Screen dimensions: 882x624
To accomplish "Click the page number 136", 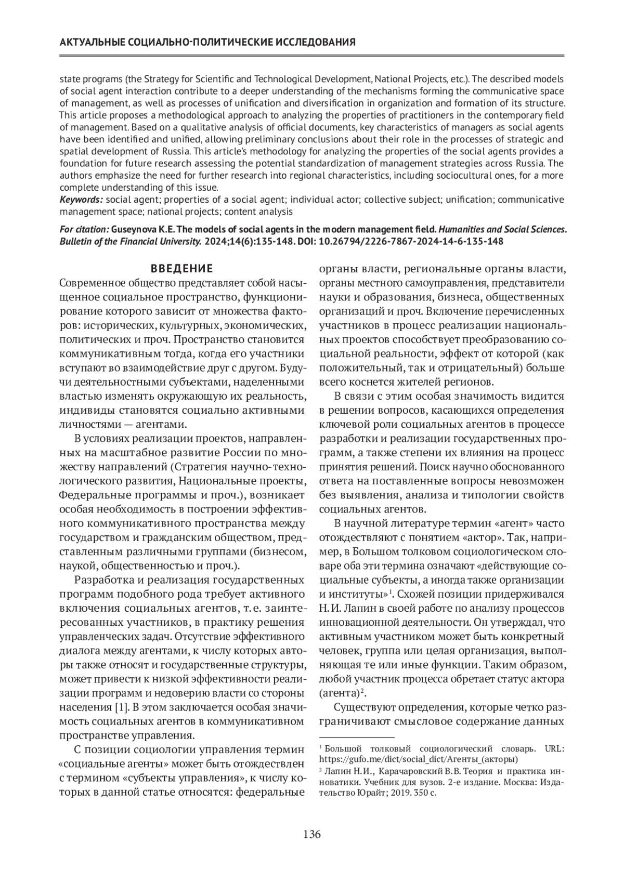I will (311, 835).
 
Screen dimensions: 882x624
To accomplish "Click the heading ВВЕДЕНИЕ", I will (181, 269).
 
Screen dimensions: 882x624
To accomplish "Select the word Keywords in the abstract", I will (80, 200).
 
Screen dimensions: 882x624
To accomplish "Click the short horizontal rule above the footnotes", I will (357, 737).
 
